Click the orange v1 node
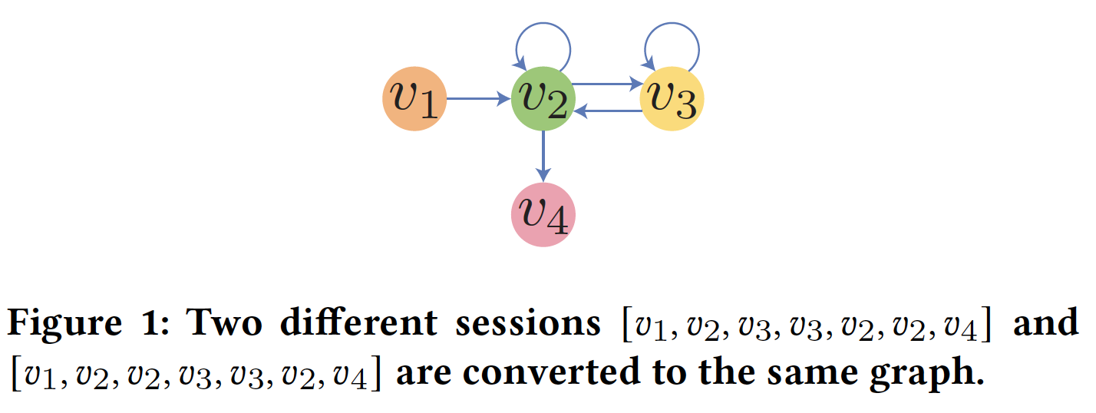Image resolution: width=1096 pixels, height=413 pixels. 414,99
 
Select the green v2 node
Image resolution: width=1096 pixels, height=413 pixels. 543,99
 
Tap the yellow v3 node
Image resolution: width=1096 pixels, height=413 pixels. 672,99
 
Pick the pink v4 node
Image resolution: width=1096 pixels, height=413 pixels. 543,216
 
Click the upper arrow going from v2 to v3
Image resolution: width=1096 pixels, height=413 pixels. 607,84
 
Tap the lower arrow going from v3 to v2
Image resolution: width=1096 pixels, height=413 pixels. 607,112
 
